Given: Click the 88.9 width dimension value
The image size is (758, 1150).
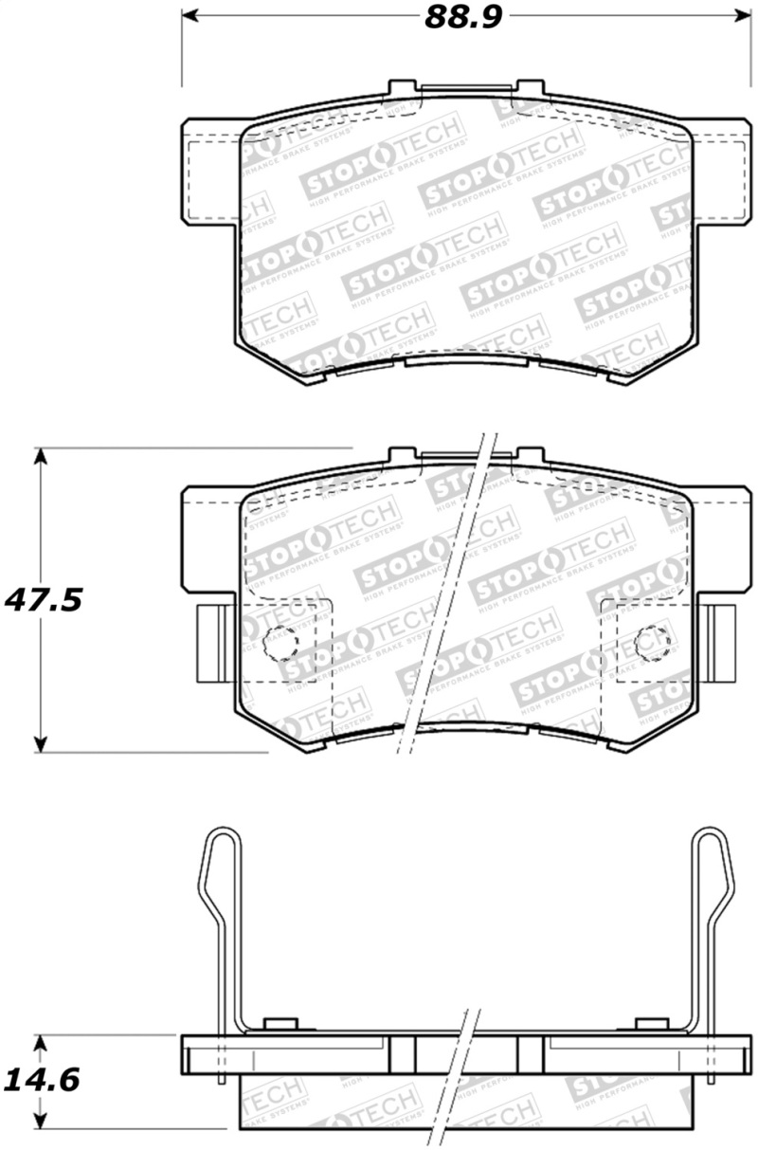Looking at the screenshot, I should pyautogui.click(x=461, y=16).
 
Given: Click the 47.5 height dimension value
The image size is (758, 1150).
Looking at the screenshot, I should pyautogui.click(x=44, y=601).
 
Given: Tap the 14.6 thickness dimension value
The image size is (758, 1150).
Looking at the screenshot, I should pyautogui.click(x=42, y=1080).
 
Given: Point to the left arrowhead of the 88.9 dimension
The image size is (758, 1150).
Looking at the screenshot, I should pyautogui.click(x=189, y=16).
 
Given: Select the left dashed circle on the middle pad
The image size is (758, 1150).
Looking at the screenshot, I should pyautogui.click(x=280, y=644).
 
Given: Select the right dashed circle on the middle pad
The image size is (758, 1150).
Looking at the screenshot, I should pyautogui.click(x=653, y=644).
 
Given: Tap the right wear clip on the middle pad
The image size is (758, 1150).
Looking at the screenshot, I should pyautogui.click(x=724, y=642).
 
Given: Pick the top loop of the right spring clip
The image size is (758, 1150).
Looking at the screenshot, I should pyautogui.click(x=712, y=849).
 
